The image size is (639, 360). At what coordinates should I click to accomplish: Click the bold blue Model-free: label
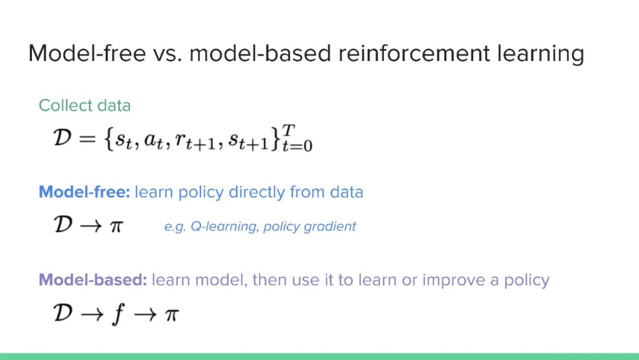85,192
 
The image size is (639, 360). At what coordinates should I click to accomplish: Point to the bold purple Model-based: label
93,279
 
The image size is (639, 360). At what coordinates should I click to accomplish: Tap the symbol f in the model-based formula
118,315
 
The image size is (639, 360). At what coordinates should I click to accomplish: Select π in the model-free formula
116,226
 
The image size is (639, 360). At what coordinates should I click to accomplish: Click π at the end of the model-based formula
172,314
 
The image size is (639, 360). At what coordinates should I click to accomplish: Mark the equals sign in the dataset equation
87,139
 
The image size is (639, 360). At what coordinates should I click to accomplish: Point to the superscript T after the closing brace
288,130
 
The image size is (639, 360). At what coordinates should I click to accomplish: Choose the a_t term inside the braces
154,141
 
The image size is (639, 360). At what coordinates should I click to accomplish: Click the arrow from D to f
92,315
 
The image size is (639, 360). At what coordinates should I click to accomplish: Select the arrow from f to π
145,315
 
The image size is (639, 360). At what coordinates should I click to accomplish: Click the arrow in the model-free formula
91,226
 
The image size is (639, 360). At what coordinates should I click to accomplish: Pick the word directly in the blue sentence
256,192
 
